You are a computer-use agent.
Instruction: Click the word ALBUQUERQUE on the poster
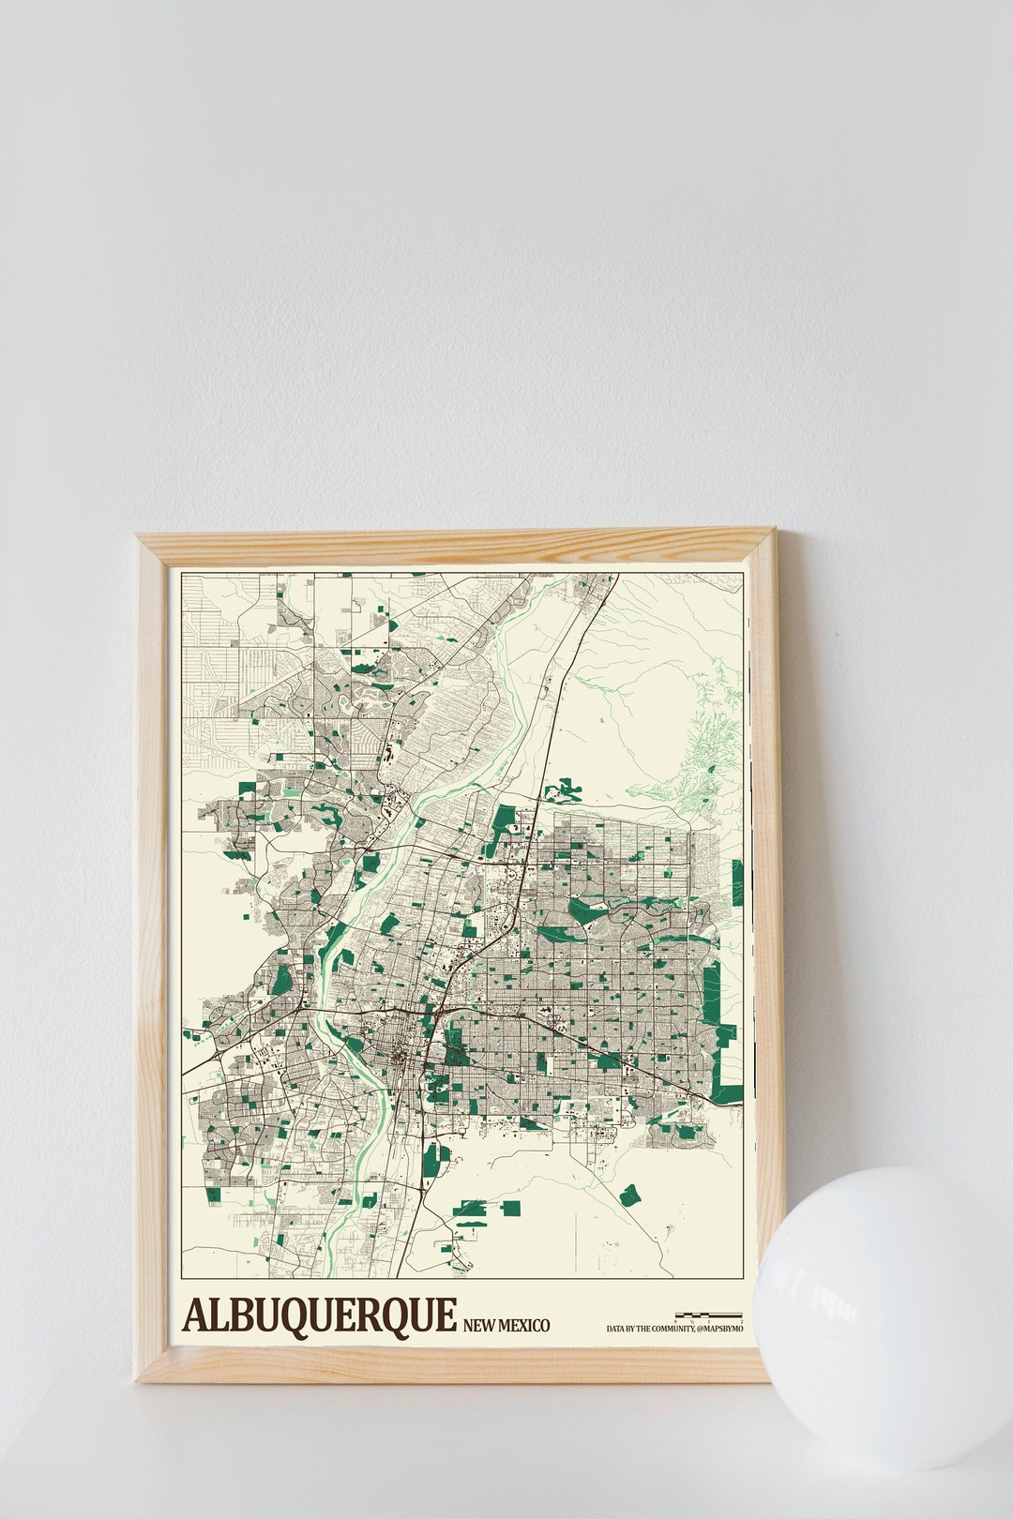[x=320, y=1315]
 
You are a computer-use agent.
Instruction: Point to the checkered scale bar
[x=708, y=1316]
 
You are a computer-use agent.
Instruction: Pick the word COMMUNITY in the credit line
[x=669, y=1329]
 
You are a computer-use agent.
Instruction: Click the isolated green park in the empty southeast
[x=629, y=1195]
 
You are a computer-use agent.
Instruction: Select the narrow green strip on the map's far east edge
[x=737, y=882]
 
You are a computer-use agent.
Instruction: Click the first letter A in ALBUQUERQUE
[x=196, y=1315]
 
